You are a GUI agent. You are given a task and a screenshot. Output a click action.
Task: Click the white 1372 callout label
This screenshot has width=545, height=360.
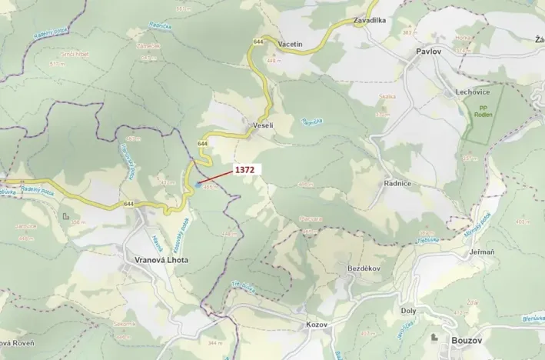tap(244, 169)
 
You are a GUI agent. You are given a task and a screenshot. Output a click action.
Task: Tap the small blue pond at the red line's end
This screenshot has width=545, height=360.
tap(198, 185)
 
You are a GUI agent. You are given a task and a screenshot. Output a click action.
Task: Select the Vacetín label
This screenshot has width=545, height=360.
tap(291, 45)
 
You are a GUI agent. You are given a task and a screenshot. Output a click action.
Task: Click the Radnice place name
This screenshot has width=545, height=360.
tap(397, 184)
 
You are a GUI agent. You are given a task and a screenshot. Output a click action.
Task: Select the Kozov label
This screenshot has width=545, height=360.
tap(316, 324)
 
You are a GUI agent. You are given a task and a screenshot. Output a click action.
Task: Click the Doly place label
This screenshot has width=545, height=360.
tap(408, 310)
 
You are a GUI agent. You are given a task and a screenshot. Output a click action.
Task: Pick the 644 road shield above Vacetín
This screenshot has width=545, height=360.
tap(258, 41)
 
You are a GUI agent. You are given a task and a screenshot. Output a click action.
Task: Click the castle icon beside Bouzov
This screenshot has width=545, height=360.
tap(435, 338)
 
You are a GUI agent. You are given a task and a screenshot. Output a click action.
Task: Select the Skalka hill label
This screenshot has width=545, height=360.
tap(387, 96)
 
